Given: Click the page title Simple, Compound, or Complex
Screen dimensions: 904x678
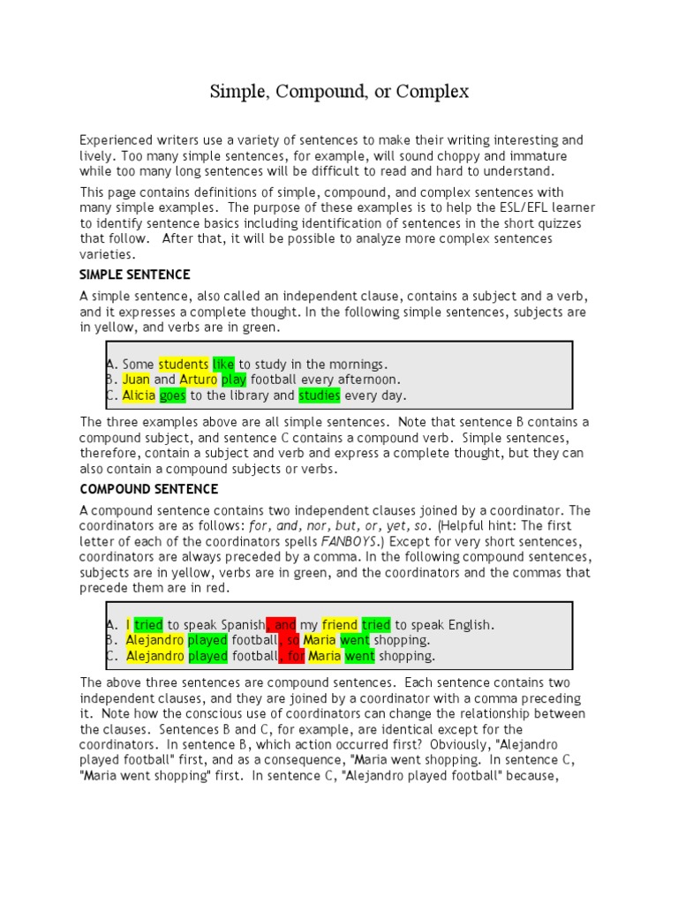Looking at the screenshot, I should (x=339, y=91).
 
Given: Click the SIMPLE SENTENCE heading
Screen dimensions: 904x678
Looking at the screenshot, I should (x=135, y=275).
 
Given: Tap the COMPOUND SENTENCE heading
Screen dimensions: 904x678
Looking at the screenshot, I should (x=149, y=488).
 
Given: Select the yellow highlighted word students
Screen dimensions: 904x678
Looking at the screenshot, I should (x=184, y=364).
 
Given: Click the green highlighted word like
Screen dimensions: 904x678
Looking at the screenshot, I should (x=224, y=364).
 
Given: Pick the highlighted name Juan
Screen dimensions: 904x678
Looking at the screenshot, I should (x=137, y=380).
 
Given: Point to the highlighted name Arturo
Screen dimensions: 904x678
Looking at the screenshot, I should (x=199, y=380).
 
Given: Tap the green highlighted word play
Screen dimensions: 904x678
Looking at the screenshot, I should (x=234, y=380).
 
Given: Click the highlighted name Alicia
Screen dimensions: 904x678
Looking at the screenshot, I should (x=139, y=395).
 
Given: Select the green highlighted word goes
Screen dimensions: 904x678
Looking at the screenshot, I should (x=173, y=395).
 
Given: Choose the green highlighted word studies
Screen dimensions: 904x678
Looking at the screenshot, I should (x=320, y=395).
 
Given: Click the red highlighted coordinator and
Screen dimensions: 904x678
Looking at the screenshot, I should (x=282, y=624).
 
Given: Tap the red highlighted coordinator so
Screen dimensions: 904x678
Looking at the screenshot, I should (x=291, y=640).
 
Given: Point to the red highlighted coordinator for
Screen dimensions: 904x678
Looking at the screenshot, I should (x=295, y=656).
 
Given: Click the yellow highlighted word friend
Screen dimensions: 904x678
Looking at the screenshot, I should (x=340, y=624).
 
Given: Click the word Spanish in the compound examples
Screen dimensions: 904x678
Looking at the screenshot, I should (x=239, y=624).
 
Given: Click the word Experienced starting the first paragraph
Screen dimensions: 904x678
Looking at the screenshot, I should (x=117, y=140).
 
